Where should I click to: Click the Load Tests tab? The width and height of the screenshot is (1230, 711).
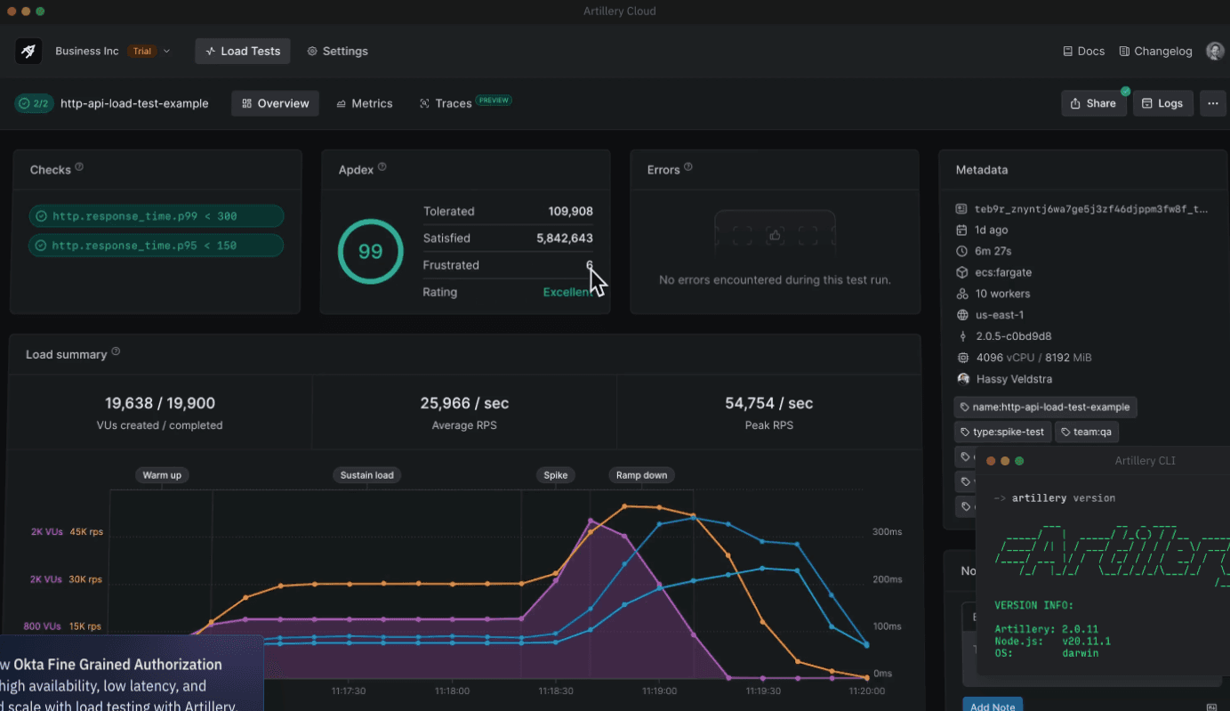(243, 51)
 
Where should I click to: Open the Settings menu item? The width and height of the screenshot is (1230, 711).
(337, 51)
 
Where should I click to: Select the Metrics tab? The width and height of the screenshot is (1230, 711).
(364, 103)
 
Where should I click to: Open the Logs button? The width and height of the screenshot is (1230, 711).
(1162, 103)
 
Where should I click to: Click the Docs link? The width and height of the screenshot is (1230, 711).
(1083, 51)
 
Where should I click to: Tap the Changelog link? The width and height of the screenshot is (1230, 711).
(1155, 51)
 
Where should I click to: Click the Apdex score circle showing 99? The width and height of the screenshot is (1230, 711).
(370, 252)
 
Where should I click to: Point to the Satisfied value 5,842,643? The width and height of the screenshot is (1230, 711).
(564, 238)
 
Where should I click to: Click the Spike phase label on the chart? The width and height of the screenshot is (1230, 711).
(555, 475)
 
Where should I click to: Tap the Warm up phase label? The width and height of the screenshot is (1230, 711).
(162, 475)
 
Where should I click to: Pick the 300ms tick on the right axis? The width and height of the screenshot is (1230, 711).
(887, 532)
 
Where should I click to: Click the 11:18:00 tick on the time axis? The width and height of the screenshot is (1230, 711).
(452, 691)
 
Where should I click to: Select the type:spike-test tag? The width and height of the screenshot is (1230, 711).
(1002, 432)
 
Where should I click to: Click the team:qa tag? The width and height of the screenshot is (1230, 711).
(1087, 432)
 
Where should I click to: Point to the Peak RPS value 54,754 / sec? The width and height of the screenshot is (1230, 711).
(768, 403)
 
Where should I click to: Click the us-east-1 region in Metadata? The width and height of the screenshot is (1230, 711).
(1000, 315)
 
